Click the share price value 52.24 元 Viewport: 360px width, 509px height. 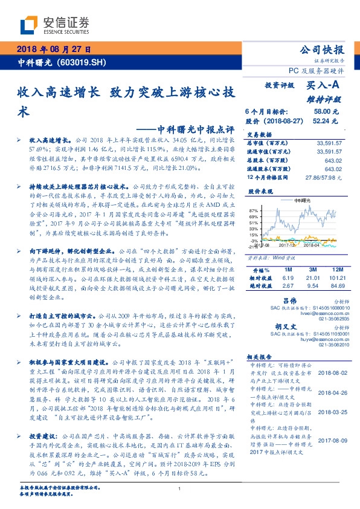321,121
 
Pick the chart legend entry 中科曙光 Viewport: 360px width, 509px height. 301,199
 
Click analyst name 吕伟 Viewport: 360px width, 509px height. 290,300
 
